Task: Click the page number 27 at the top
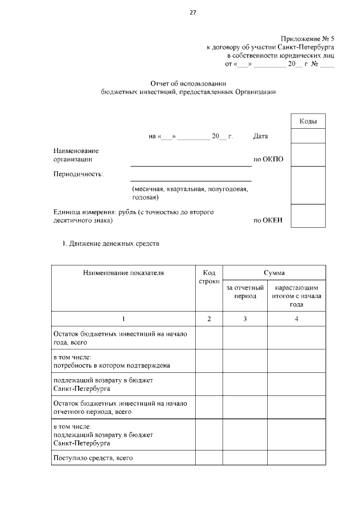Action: [192, 12]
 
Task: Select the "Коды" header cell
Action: [308, 121]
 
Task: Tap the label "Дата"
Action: [260, 136]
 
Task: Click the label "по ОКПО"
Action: [268, 159]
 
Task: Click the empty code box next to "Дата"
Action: [308, 136]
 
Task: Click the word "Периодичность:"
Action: [78, 174]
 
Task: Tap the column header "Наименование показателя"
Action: [123, 273]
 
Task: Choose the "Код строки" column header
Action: [209, 277]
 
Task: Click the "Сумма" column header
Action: [274, 272]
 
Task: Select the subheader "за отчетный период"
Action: [245, 291]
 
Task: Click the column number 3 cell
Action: [245, 319]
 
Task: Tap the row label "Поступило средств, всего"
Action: [93, 458]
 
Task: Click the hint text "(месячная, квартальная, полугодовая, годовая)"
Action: [190, 193]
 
